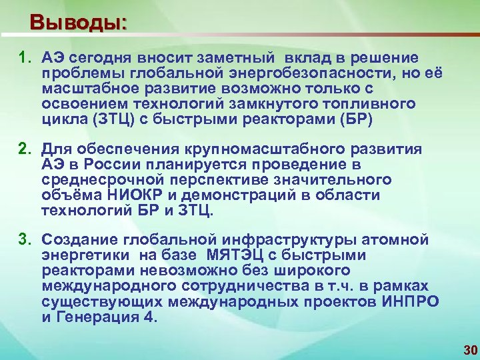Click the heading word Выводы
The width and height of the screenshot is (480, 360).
click(x=78, y=22)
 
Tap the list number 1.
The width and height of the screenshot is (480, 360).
click(x=23, y=58)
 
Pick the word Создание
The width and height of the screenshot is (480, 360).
click(x=70, y=239)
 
